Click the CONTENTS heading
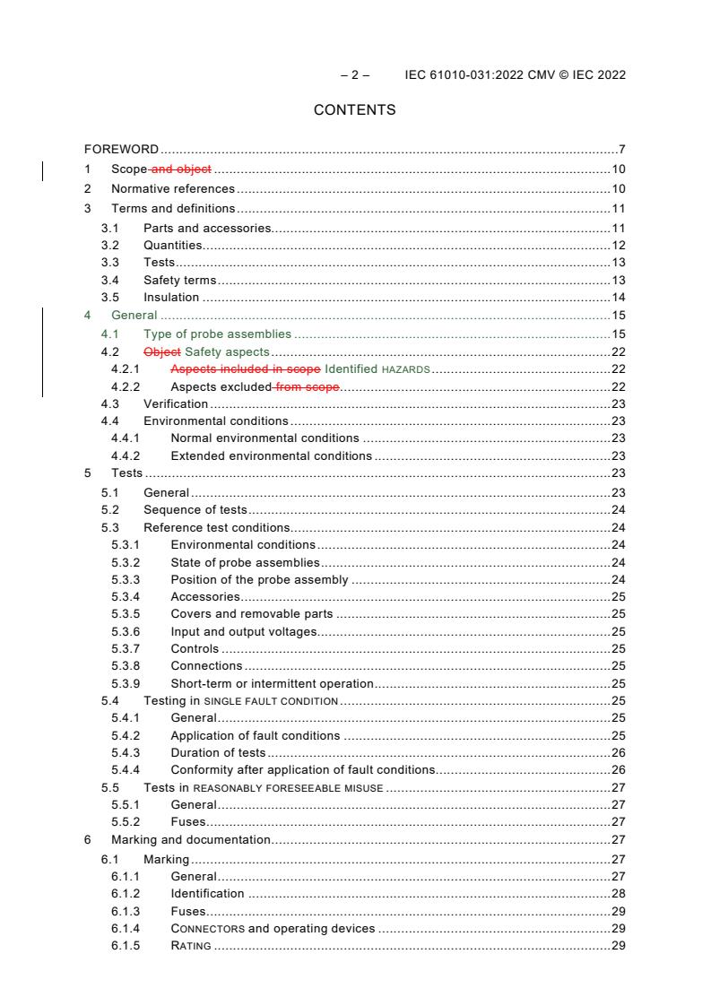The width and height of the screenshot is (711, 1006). click(x=354, y=110)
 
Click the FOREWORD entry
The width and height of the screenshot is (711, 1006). click(x=121, y=148)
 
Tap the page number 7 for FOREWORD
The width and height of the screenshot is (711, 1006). click(x=621, y=148)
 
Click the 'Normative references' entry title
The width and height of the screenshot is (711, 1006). click(x=172, y=188)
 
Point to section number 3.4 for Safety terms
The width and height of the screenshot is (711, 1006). click(x=110, y=280)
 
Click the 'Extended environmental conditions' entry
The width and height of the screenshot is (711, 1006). click(x=271, y=455)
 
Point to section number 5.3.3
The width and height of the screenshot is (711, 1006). click(x=126, y=579)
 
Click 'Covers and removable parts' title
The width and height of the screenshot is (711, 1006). click(x=251, y=614)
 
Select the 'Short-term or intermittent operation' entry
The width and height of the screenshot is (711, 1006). click(x=272, y=683)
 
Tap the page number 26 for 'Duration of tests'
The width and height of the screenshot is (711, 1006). click(x=618, y=752)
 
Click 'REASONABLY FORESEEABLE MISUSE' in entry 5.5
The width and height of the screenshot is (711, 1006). click(x=288, y=788)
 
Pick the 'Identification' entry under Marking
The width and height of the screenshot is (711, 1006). click(x=207, y=893)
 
